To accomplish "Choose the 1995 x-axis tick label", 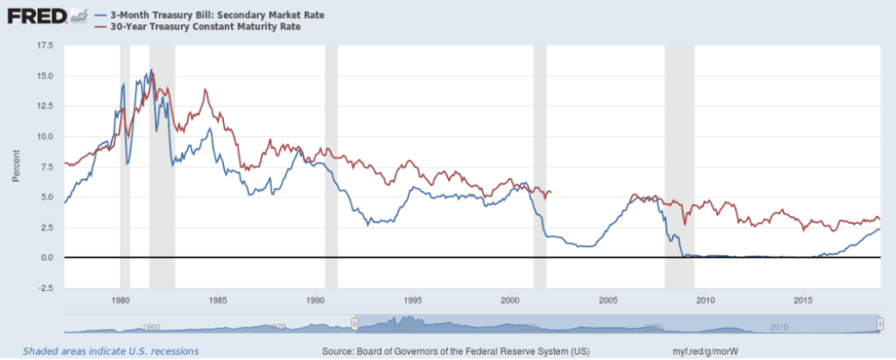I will [413, 299].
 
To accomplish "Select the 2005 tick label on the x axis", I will [608, 299].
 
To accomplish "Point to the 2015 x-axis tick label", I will [803, 299].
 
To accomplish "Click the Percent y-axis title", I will [15, 166].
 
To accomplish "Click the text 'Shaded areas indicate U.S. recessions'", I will [111, 351].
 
